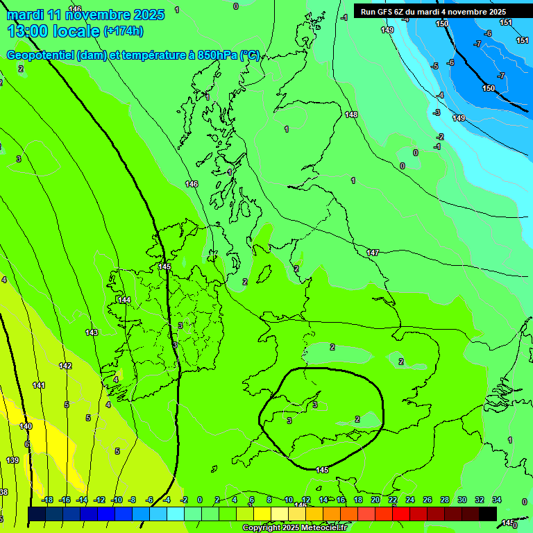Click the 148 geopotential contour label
(351, 115)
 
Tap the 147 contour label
(373, 253)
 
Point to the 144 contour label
(124, 300)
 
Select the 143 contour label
(92, 332)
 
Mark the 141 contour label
(39, 385)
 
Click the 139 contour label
(12, 460)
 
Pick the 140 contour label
(26, 426)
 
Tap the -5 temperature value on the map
(434, 66)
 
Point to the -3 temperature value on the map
(437, 112)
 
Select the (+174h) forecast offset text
(123, 31)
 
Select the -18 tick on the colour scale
(47, 500)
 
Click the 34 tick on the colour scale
(497, 500)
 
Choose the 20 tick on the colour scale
(375, 500)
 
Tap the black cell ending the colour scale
(488, 514)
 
